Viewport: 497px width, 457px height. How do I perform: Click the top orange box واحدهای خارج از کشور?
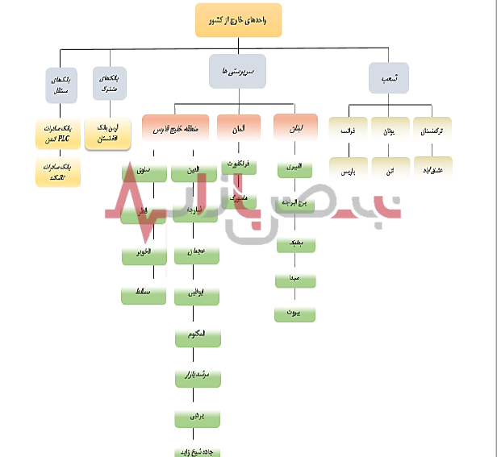tap(239, 20)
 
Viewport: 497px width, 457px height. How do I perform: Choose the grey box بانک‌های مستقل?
tap(61, 85)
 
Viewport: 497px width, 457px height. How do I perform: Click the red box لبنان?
tap(295, 128)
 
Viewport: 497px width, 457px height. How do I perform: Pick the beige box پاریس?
tap(348, 171)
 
